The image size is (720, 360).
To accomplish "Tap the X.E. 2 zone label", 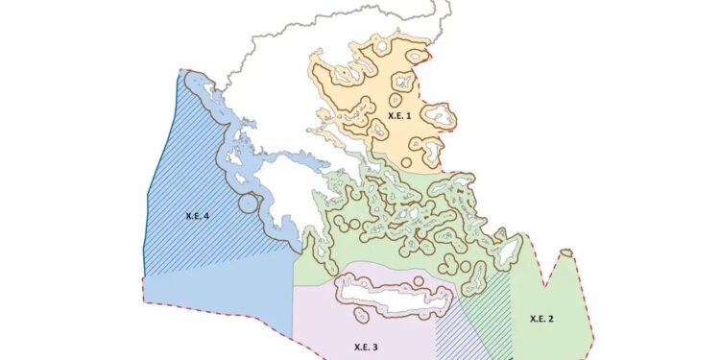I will [540, 318].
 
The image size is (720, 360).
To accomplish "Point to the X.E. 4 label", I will [199, 217].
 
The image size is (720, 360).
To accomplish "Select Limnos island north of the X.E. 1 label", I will [395, 91].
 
